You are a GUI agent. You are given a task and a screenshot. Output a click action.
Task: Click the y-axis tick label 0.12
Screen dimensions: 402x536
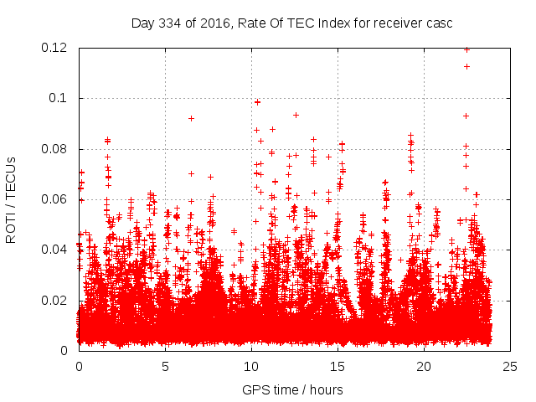[55, 48]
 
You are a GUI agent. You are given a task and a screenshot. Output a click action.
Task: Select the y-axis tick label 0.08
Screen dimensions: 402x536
[55, 149]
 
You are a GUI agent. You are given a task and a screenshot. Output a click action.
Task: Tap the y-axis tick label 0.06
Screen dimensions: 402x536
[55, 199]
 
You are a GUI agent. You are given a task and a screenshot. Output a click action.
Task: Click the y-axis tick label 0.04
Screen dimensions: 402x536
[55, 250]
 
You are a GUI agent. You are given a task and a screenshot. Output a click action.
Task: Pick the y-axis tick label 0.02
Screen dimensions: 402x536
[55, 300]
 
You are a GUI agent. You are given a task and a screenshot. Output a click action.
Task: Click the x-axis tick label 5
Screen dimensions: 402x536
[165, 366]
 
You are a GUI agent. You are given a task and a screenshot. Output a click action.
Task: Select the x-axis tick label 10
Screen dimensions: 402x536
[251, 366]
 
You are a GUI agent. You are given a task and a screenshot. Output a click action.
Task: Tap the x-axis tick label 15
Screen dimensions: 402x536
[338, 366]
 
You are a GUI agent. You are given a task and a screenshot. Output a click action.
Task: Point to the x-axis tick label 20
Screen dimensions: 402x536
[424, 366]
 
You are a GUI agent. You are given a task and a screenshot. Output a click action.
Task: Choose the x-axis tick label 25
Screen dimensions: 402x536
[510, 366]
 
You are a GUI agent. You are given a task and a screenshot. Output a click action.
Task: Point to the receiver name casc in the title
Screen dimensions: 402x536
[439, 23]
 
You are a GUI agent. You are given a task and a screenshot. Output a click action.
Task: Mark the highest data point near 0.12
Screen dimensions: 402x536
[466, 49]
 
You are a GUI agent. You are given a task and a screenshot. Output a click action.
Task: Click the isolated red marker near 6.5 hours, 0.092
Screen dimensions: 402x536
[191, 118]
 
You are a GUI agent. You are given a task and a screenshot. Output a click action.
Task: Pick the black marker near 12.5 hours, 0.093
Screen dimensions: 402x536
[296, 115]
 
